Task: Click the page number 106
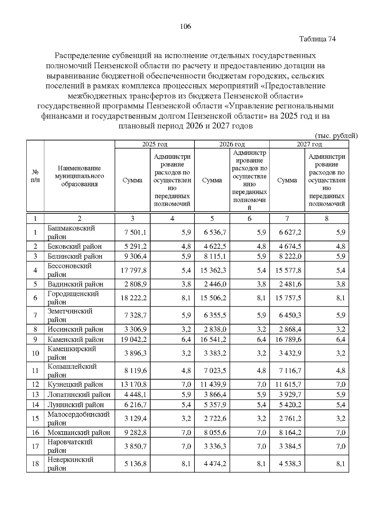185,26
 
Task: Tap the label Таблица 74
318,39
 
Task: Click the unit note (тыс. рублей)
336,136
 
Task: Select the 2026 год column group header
232,144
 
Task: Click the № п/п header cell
35,176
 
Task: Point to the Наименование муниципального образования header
79,176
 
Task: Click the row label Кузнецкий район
75,384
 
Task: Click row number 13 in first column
35,394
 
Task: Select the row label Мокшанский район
79,432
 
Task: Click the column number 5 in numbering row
212,218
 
